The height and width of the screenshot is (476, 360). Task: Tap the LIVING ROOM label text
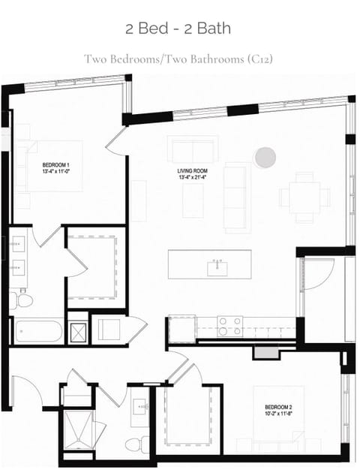192,171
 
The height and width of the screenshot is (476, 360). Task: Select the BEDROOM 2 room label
278,407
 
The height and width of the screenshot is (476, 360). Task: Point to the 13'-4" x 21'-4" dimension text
192,177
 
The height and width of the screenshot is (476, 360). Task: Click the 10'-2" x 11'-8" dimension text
278,413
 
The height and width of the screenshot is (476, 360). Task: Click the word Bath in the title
214,29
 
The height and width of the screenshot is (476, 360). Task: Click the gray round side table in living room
265,157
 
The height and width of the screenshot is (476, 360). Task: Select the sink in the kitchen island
217,268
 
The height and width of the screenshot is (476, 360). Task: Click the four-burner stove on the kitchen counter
230,327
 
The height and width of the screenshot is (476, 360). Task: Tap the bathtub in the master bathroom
39,331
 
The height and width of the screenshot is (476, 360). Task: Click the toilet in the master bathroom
21,300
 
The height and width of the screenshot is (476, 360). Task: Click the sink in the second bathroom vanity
140,406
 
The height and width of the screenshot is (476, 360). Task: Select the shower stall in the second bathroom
79,429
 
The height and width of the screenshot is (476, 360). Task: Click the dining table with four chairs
304,197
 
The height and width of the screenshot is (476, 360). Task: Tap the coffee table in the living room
193,200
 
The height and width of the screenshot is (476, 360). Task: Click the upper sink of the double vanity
19,244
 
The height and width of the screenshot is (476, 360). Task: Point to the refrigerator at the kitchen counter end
182,329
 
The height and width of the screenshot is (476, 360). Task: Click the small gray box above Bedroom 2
265,352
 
